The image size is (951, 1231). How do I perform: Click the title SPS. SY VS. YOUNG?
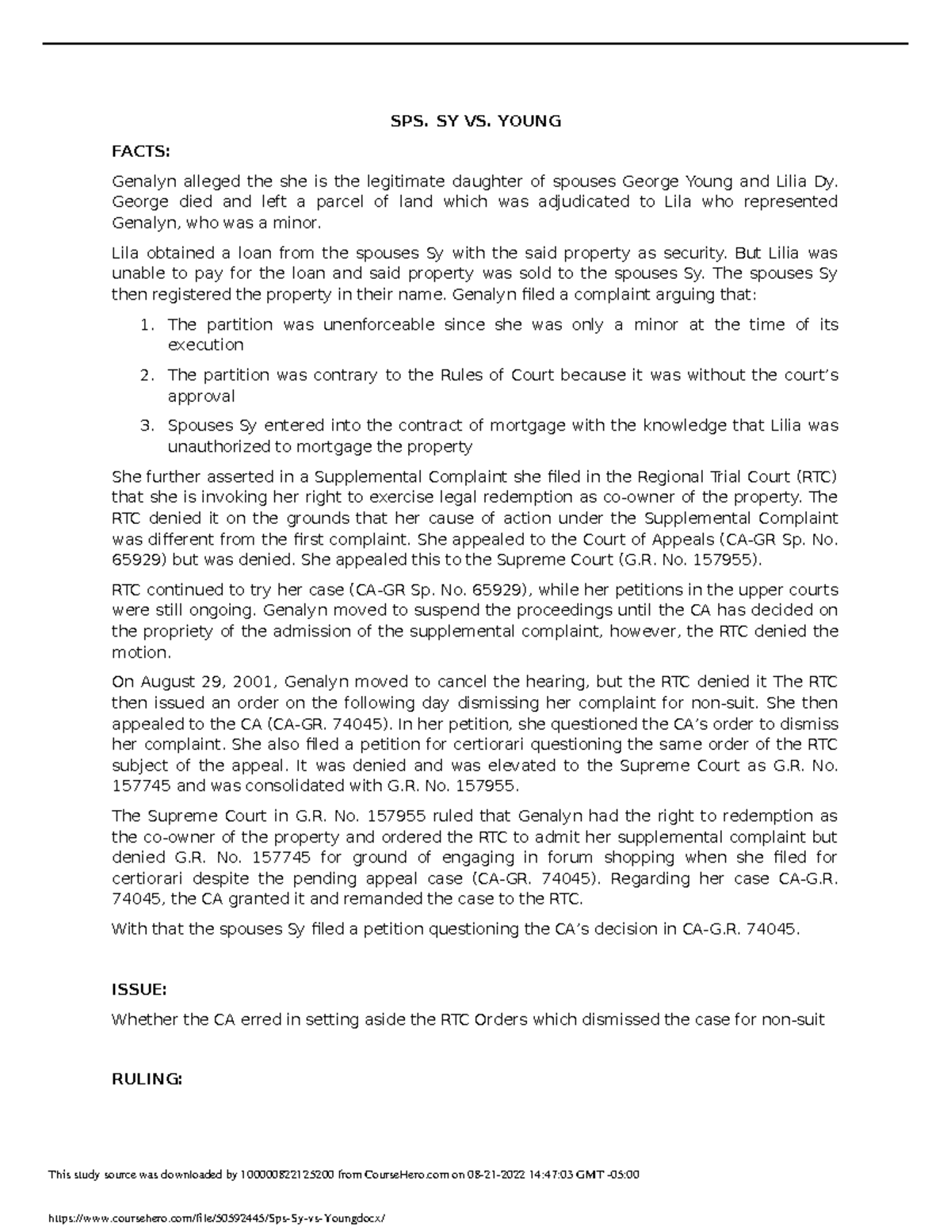tap(475, 121)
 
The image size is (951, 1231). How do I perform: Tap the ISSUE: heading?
tap(139, 989)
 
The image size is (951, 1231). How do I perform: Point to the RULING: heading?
tap(147, 1080)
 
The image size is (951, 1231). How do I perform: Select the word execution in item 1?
tap(205, 346)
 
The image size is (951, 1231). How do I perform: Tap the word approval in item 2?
tap(201, 396)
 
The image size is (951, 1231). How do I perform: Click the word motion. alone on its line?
tap(140, 653)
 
